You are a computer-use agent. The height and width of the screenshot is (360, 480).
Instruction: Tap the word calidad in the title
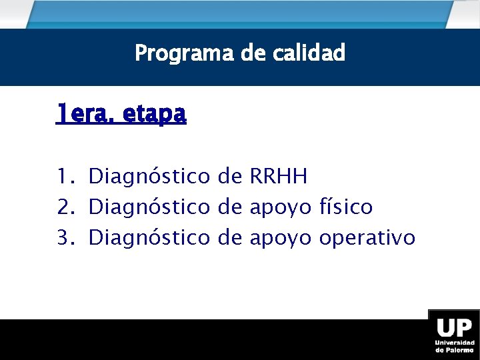coord(309,53)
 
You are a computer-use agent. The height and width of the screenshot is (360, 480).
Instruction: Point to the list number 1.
coord(64,177)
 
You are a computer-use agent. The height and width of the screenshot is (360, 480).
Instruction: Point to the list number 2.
coord(64,207)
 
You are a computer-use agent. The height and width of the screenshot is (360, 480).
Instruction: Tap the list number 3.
coord(64,237)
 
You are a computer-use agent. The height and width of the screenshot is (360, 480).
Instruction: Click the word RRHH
coord(278,177)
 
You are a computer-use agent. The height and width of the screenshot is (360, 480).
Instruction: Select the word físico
coord(346,207)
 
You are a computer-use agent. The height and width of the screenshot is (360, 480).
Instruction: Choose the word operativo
coord(367,238)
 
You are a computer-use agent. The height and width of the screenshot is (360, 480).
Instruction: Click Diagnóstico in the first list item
coord(149,177)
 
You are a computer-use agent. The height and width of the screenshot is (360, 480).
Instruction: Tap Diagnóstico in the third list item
coord(149,238)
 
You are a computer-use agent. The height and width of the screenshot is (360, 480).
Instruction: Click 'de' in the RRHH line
coord(229,177)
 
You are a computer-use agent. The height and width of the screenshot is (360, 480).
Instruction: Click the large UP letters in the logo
coord(455,328)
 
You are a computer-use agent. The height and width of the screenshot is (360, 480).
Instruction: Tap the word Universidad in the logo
coord(455,343)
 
